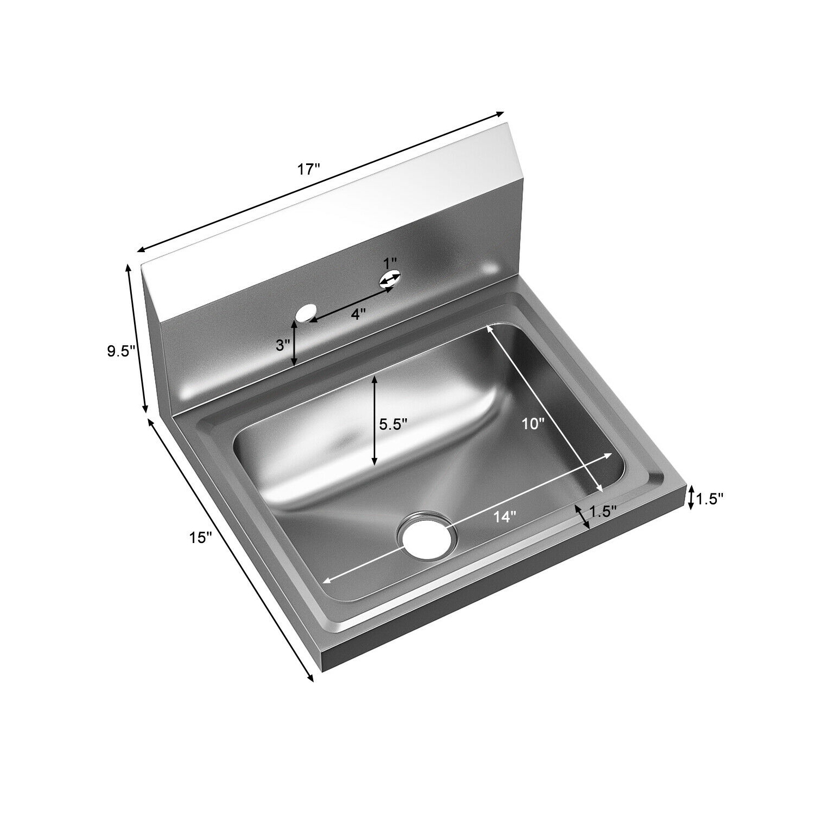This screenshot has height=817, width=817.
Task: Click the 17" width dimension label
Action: pos(308,169)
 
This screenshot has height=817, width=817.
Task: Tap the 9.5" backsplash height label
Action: pos(120,351)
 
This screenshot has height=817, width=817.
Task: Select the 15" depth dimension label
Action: pos(200,538)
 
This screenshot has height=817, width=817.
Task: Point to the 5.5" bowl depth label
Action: pos(393,424)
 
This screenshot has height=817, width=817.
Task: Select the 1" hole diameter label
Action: pos(390,264)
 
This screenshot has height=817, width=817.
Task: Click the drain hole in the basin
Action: pos(428,535)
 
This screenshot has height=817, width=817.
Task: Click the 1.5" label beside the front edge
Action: pos(709,498)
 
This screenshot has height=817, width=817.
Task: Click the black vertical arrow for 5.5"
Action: pos(375,420)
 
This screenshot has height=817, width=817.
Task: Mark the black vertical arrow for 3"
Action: pos(295,343)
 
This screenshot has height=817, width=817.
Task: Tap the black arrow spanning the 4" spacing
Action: pos(351,303)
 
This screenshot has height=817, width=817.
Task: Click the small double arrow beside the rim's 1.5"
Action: pos(582,515)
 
